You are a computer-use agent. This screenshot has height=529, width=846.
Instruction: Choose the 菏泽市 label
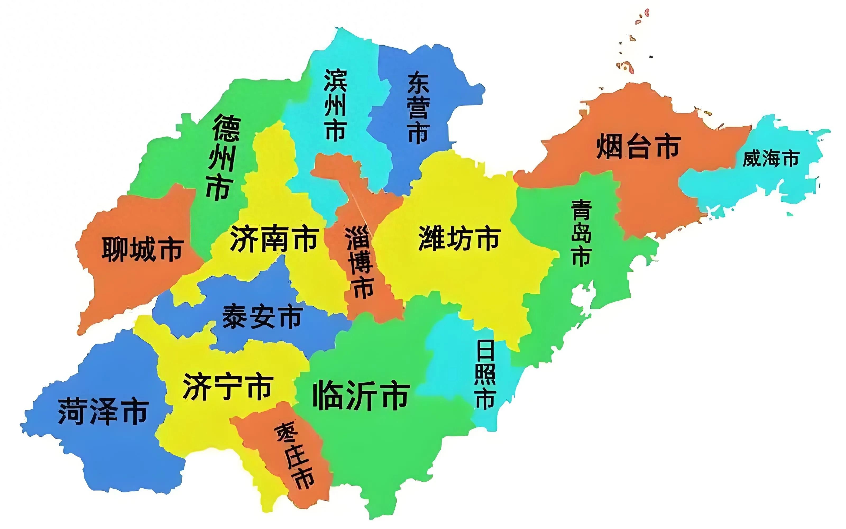coord(103,412)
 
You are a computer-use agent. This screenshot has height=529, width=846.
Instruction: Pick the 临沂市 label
coord(361,395)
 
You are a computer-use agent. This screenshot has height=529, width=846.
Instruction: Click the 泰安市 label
coord(262,317)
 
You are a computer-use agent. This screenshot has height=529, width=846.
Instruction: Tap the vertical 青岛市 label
coord(581,233)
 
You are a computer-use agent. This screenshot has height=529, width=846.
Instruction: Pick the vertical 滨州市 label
coord(335,105)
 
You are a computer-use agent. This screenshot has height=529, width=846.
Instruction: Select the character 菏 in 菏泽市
coord(72,412)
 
